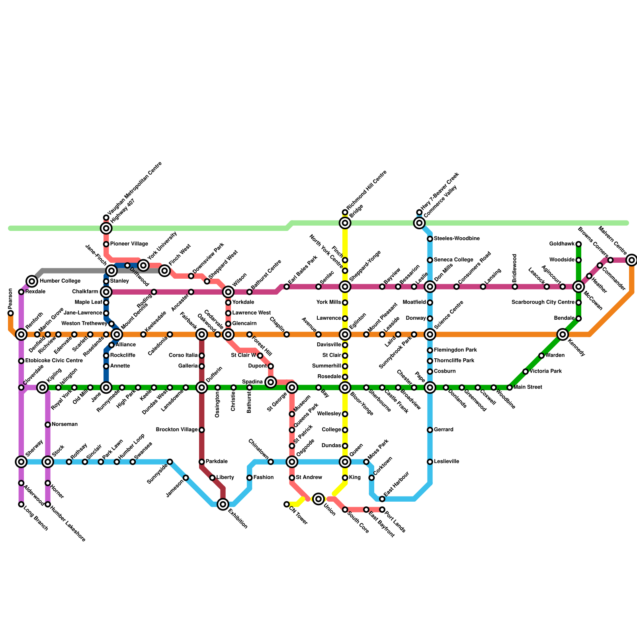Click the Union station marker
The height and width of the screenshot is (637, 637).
coord(318,498)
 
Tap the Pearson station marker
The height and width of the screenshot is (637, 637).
coord(10,313)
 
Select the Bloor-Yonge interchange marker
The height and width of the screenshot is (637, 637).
coord(345,387)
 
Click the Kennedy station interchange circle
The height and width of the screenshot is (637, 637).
coord(562,334)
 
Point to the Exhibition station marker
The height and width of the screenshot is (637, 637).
coord(223,504)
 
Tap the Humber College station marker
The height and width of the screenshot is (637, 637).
coord(32,281)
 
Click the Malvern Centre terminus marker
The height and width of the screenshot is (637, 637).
coord(631,260)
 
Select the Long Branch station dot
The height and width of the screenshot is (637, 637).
coord(21,504)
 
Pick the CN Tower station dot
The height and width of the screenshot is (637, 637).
coord(287,504)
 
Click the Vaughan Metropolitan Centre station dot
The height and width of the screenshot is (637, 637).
coord(106,217)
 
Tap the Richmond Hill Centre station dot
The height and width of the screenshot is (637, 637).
coord(345,212)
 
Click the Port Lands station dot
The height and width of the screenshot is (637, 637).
coord(382,510)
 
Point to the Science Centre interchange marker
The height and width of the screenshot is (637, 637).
coord(430,334)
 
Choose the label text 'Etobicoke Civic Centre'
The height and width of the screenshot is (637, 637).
coord(54,361)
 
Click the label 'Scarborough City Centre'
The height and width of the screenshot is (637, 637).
coord(543,303)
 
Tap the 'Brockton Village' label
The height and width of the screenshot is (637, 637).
coord(177,430)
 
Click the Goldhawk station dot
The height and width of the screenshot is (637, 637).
coord(578,244)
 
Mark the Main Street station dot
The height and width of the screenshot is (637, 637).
coord(510,387)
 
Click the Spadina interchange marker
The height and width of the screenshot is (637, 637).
coord(271,382)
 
